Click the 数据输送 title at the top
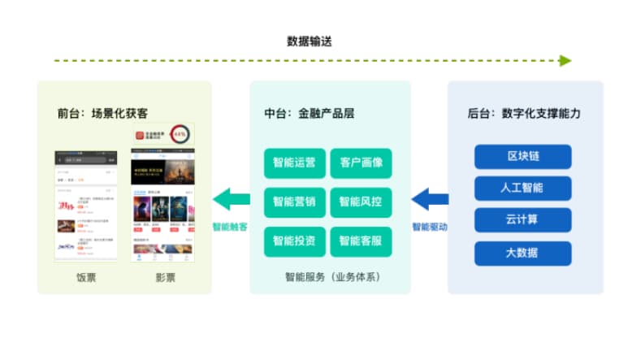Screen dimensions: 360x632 pyautogui.click(x=309, y=41)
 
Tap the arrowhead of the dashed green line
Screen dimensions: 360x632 pyautogui.click(x=565, y=60)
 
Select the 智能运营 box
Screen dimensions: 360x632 pyautogui.click(x=294, y=163)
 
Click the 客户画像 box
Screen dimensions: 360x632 pyautogui.click(x=361, y=163)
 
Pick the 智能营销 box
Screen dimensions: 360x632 pyautogui.click(x=294, y=202)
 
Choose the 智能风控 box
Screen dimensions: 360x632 pyautogui.click(x=361, y=202)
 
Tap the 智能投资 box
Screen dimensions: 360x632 pyautogui.click(x=294, y=241)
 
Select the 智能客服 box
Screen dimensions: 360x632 pyautogui.click(x=361, y=241)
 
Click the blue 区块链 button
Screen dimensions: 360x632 pyautogui.click(x=522, y=156)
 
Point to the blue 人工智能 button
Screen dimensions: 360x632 pyautogui.click(x=522, y=188)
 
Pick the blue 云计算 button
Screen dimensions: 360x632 pyautogui.click(x=522, y=220)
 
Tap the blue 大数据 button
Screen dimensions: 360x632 pyautogui.click(x=522, y=253)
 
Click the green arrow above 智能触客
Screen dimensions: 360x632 pyautogui.click(x=232, y=197)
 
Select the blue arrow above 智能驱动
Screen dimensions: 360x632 pyautogui.click(x=430, y=197)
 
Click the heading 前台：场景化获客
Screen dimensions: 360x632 pyautogui.click(x=102, y=113)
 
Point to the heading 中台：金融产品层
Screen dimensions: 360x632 pyautogui.click(x=310, y=113)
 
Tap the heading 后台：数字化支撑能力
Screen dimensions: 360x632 pyautogui.click(x=524, y=113)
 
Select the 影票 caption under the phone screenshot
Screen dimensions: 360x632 pyautogui.click(x=165, y=277)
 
